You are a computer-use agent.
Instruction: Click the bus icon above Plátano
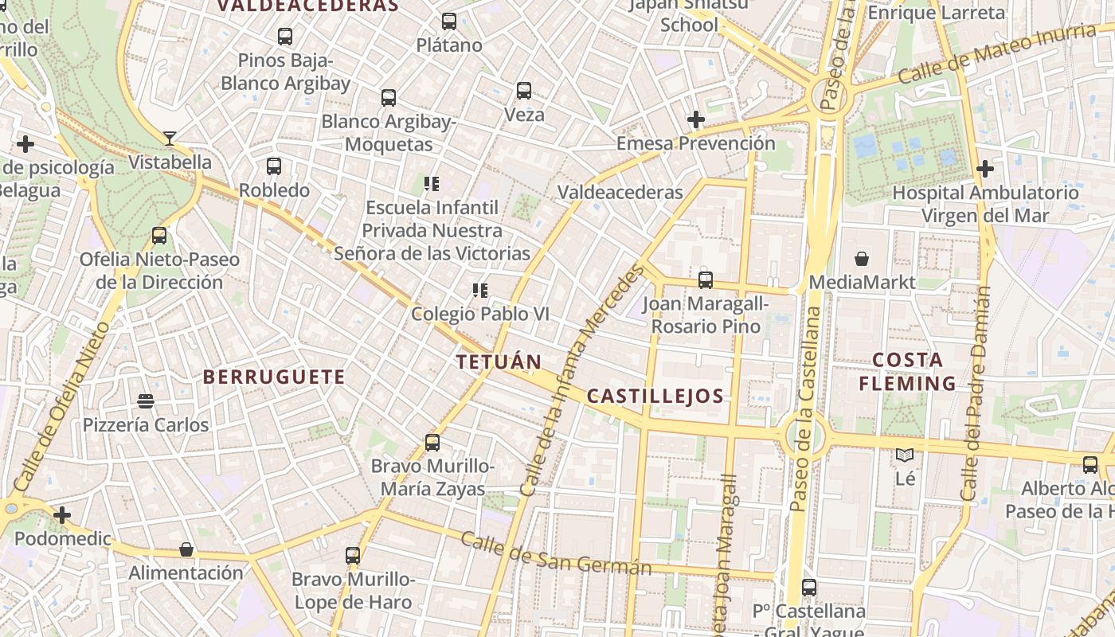click(x=449, y=21)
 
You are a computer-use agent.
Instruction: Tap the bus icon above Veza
click(x=524, y=91)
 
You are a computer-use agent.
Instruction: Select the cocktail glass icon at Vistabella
click(x=169, y=139)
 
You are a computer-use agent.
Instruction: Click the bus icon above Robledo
click(x=274, y=166)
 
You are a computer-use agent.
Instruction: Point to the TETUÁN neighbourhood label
click(x=499, y=361)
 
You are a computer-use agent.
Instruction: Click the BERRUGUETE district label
click(x=274, y=377)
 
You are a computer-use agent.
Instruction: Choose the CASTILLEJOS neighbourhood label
click(x=655, y=396)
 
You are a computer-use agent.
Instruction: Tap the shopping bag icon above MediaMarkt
click(x=862, y=259)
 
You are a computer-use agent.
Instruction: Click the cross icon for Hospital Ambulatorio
click(x=985, y=169)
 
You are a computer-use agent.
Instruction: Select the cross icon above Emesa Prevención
click(x=696, y=119)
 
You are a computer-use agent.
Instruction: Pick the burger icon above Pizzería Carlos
click(x=145, y=401)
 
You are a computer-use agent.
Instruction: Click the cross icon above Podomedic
click(x=62, y=515)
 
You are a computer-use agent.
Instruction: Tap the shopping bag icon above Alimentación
click(x=186, y=549)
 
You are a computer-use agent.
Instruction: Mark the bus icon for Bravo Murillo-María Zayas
click(x=432, y=443)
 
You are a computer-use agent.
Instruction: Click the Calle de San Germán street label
click(x=556, y=555)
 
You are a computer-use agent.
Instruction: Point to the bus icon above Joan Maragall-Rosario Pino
click(x=706, y=280)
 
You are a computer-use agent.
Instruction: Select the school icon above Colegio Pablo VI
click(x=479, y=291)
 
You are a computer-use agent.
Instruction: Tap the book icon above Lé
click(x=905, y=455)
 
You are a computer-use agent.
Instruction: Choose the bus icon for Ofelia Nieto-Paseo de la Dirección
click(x=159, y=236)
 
